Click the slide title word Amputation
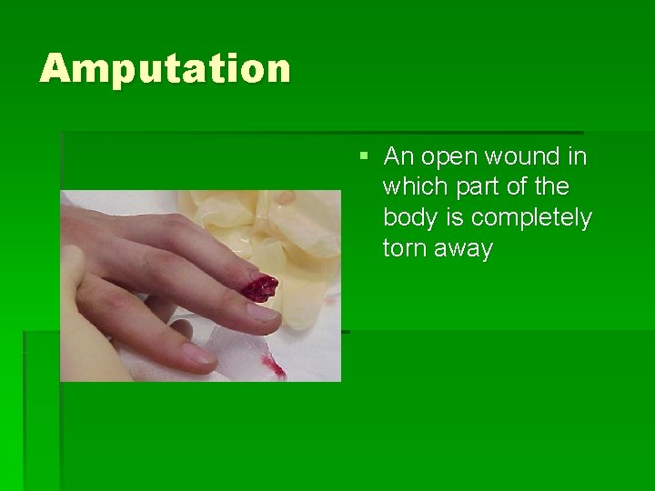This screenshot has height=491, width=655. (x=165, y=69)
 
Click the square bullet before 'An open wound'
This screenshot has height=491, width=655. (x=363, y=156)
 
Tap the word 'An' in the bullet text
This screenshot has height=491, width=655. (x=398, y=157)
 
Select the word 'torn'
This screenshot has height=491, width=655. (x=405, y=248)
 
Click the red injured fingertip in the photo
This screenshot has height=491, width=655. (x=259, y=286)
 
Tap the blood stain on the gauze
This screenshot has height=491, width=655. (x=274, y=367)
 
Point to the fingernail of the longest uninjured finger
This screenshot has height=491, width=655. (x=262, y=312)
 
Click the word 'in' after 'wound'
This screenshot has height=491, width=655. (x=577, y=157)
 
